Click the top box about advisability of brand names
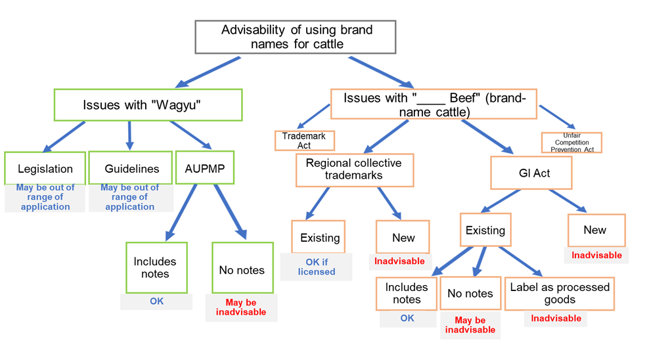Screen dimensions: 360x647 (296, 37)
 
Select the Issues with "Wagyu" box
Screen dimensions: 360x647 (148, 104)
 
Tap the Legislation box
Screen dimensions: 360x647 (45, 169)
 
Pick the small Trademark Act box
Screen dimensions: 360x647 (304, 140)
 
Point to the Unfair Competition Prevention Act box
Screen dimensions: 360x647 (571, 143)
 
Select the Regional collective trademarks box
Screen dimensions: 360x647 (355, 170)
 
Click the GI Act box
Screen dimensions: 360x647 (529, 173)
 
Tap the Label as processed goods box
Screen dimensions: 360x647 (559, 293)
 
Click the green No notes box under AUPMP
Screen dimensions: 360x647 (242, 269)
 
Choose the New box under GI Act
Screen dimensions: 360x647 (595, 230)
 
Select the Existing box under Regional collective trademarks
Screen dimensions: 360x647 (320, 237)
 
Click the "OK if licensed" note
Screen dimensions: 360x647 (316, 267)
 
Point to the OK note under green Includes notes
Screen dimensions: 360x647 (156, 302)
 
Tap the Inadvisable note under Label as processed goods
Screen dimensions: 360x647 (556, 319)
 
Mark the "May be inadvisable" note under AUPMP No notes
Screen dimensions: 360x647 (241, 307)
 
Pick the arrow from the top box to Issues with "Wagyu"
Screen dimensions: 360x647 (209, 72)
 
